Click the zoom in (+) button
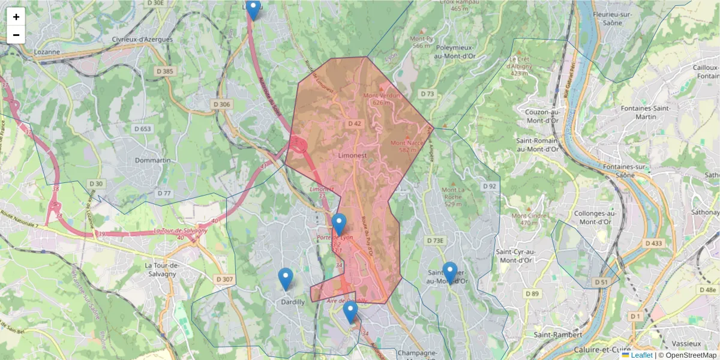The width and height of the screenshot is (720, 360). pos(16,17)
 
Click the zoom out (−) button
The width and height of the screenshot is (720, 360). pos(16,35)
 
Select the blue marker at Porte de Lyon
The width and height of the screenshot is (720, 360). pos(339,224)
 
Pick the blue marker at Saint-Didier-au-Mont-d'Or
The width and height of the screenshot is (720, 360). pos(449,273)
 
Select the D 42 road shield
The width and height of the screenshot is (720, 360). pos(355,124)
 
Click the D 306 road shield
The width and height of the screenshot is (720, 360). pos(221,104)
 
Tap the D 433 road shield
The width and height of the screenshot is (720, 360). pos(654,243)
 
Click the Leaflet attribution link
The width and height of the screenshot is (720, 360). pos(641,355)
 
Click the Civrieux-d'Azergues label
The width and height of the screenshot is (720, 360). pos(142,39)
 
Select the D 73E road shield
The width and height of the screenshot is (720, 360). pos(436,241)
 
